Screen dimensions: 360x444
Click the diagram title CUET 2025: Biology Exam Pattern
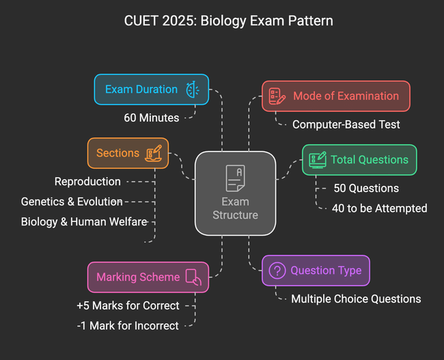(222, 20)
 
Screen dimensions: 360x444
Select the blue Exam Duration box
(151, 89)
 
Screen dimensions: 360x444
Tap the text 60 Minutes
(152, 117)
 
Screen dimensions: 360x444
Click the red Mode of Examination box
(335, 96)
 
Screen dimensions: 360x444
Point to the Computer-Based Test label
(346, 124)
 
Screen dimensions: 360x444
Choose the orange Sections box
(128, 153)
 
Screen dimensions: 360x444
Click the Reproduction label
(87, 182)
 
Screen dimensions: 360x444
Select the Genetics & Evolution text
(72, 202)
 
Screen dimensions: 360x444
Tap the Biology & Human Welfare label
(84, 221)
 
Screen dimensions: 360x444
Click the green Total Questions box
(359, 160)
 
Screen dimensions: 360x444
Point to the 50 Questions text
(366, 188)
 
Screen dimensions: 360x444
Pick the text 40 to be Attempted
(379, 208)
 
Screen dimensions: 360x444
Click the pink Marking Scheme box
(148, 277)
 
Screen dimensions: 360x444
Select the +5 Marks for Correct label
(128, 305)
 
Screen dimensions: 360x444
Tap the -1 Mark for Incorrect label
(128, 325)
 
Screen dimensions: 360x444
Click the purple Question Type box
(316, 271)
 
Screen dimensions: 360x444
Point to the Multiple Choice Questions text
(356, 299)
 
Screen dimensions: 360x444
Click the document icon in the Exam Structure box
(235, 178)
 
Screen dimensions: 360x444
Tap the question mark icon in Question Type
(277, 271)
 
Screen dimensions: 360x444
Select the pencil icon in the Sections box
(154, 152)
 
